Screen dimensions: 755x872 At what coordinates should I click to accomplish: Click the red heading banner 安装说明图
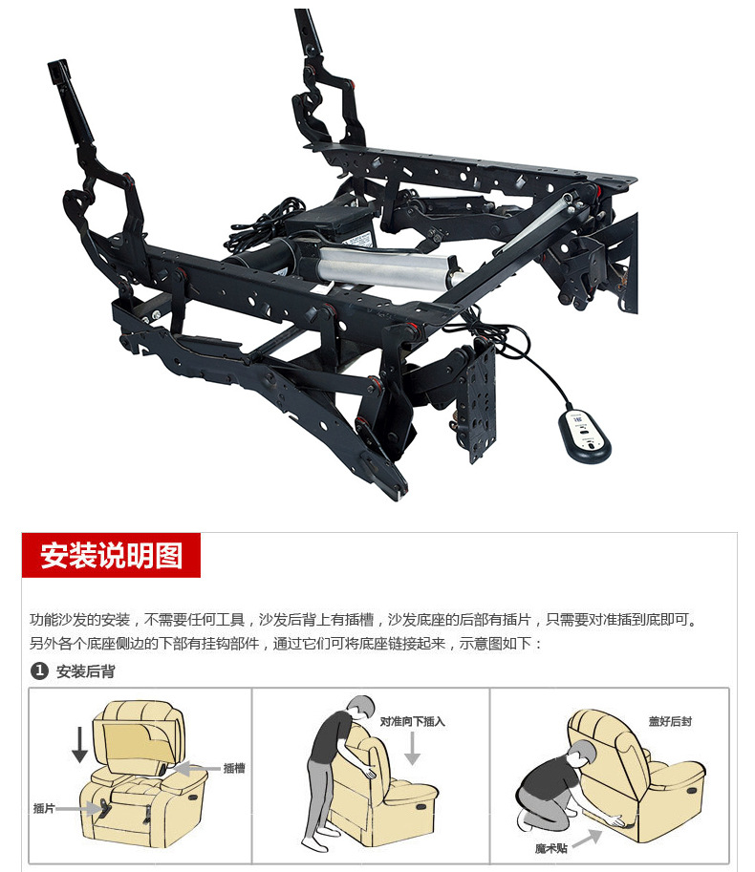point(111,555)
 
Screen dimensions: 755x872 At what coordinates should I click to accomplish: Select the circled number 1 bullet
point(39,670)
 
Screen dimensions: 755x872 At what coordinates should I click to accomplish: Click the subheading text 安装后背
point(86,671)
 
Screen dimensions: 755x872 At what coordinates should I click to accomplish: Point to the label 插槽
point(234,768)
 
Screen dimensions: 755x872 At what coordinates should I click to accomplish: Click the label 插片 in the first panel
point(43,808)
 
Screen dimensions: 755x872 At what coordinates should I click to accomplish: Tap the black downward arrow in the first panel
point(79,744)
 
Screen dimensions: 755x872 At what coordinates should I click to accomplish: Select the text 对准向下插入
point(412,721)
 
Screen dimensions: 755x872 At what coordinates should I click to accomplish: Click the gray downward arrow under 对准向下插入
point(412,748)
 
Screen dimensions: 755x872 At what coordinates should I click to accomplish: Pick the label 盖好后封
point(670,721)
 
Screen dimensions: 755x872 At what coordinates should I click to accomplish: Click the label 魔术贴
point(551,848)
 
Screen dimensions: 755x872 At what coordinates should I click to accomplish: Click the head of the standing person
point(361,709)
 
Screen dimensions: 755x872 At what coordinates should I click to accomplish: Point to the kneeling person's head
point(581,754)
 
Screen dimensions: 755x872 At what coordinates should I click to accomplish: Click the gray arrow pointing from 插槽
point(197,769)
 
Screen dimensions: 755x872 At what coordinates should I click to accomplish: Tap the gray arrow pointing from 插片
point(78,809)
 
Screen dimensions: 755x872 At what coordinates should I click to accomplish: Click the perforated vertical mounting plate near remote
point(481,400)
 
